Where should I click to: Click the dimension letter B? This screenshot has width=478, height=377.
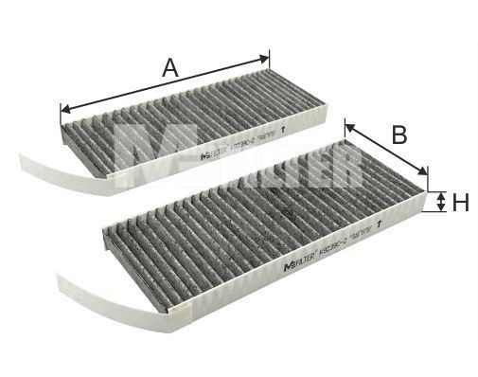pos(398,135)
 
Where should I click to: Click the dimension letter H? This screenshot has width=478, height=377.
pos(461,202)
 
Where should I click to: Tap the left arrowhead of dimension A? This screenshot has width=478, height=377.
pos(64,107)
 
